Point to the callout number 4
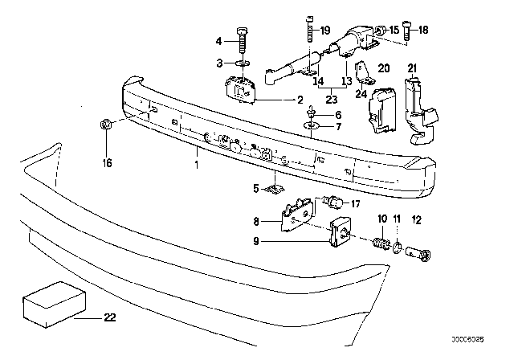pyautogui.click(x=218, y=40)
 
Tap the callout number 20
pyautogui.click(x=383, y=68)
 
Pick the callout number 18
pyautogui.click(x=425, y=31)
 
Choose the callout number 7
pyautogui.click(x=337, y=127)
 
